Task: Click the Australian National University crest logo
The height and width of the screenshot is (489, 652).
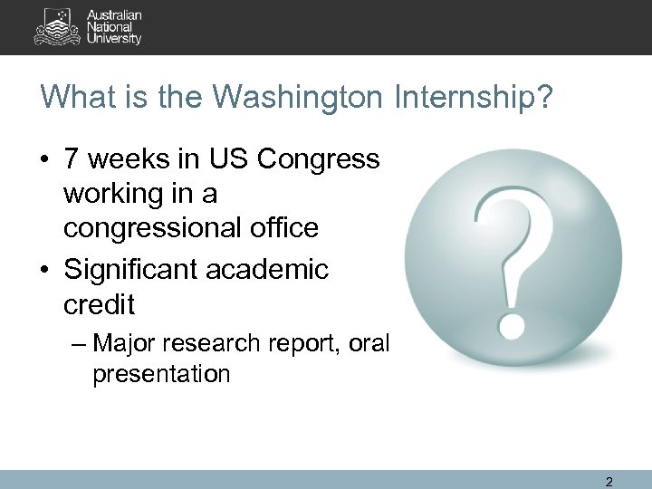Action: click(57, 27)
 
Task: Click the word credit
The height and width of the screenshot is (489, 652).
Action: click(99, 304)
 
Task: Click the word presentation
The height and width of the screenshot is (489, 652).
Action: click(160, 373)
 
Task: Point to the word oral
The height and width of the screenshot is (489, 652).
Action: click(371, 344)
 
